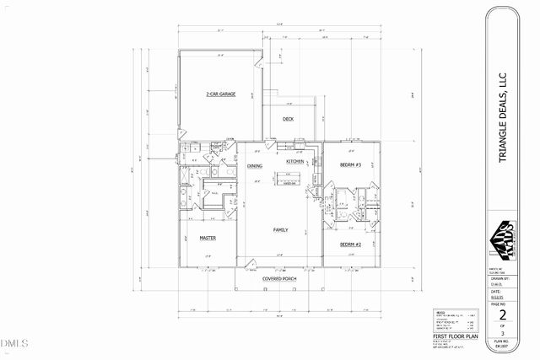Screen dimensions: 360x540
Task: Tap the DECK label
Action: point(289,120)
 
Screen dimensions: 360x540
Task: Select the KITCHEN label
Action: point(295,160)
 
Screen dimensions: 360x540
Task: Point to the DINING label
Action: point(254,166)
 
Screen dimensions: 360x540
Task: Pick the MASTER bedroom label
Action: point(208,238)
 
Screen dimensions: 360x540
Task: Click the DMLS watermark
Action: point(14,342)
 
